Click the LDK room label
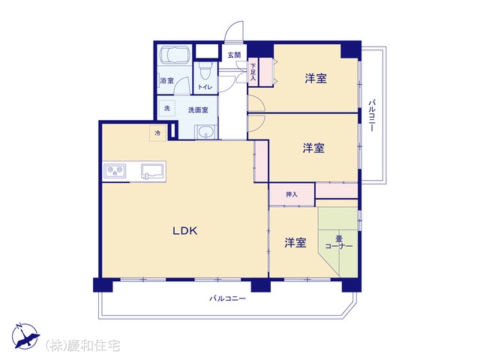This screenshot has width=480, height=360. click(185, 230)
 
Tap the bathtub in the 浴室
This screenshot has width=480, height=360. click(175, 55)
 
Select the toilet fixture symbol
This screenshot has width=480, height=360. click(205, 70)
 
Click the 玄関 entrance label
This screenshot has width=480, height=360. click(234, 55)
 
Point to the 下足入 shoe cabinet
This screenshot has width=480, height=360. click(253, 72)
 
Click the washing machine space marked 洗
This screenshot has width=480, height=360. click(166, 108)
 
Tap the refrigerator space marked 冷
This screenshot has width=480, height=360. click(158, 133)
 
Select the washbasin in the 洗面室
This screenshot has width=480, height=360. click(205, 132)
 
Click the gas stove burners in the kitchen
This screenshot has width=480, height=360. click(115, 171)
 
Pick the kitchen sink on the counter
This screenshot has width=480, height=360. click(153, 171)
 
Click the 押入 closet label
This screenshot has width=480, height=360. click(292, 194)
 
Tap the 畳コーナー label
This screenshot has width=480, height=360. click(338, 242)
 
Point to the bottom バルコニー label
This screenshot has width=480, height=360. click(227, 298)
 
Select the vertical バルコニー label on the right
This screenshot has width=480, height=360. click(372, 115)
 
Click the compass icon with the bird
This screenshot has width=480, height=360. click(25, 336)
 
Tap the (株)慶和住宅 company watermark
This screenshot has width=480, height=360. click(82, 346)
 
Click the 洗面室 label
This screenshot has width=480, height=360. click(198, 110)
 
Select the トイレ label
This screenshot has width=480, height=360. click(205, 87)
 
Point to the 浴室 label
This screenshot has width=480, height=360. click(167, 80)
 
